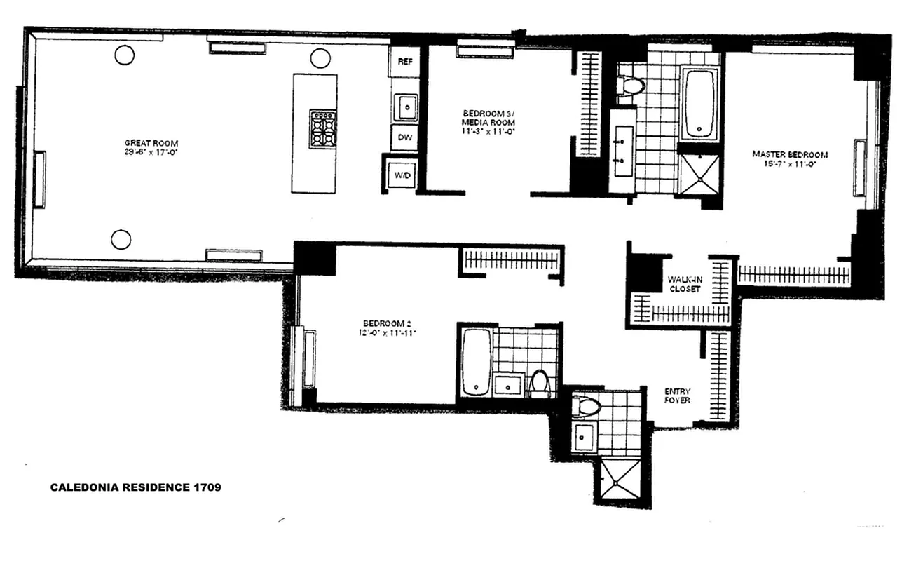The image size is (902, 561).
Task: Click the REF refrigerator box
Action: tap(404, 62)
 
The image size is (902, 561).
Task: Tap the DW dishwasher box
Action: tap(404, 137)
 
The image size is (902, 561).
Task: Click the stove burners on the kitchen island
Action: tap(323, 128)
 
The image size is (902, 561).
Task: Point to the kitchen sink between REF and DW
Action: tap(405, 107)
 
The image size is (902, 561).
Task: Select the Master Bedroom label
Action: tap(790, 154)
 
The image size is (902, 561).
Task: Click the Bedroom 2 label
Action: tap(384, 324)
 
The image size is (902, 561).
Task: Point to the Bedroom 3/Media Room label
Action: tap(490, 117)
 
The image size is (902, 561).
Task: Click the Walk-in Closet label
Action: tap(683, 283)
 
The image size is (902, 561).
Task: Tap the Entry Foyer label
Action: tap(678, 396)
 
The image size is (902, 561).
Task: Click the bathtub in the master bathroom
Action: tap(699, 102)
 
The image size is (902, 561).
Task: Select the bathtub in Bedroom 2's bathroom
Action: tap(476, 360)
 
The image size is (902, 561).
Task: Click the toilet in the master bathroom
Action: tap(631, 86)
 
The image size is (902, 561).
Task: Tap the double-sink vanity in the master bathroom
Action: tap(622, 151)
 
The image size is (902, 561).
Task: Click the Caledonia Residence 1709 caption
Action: tap(135, 487)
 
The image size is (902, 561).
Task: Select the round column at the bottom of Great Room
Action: tap(121, 239)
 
